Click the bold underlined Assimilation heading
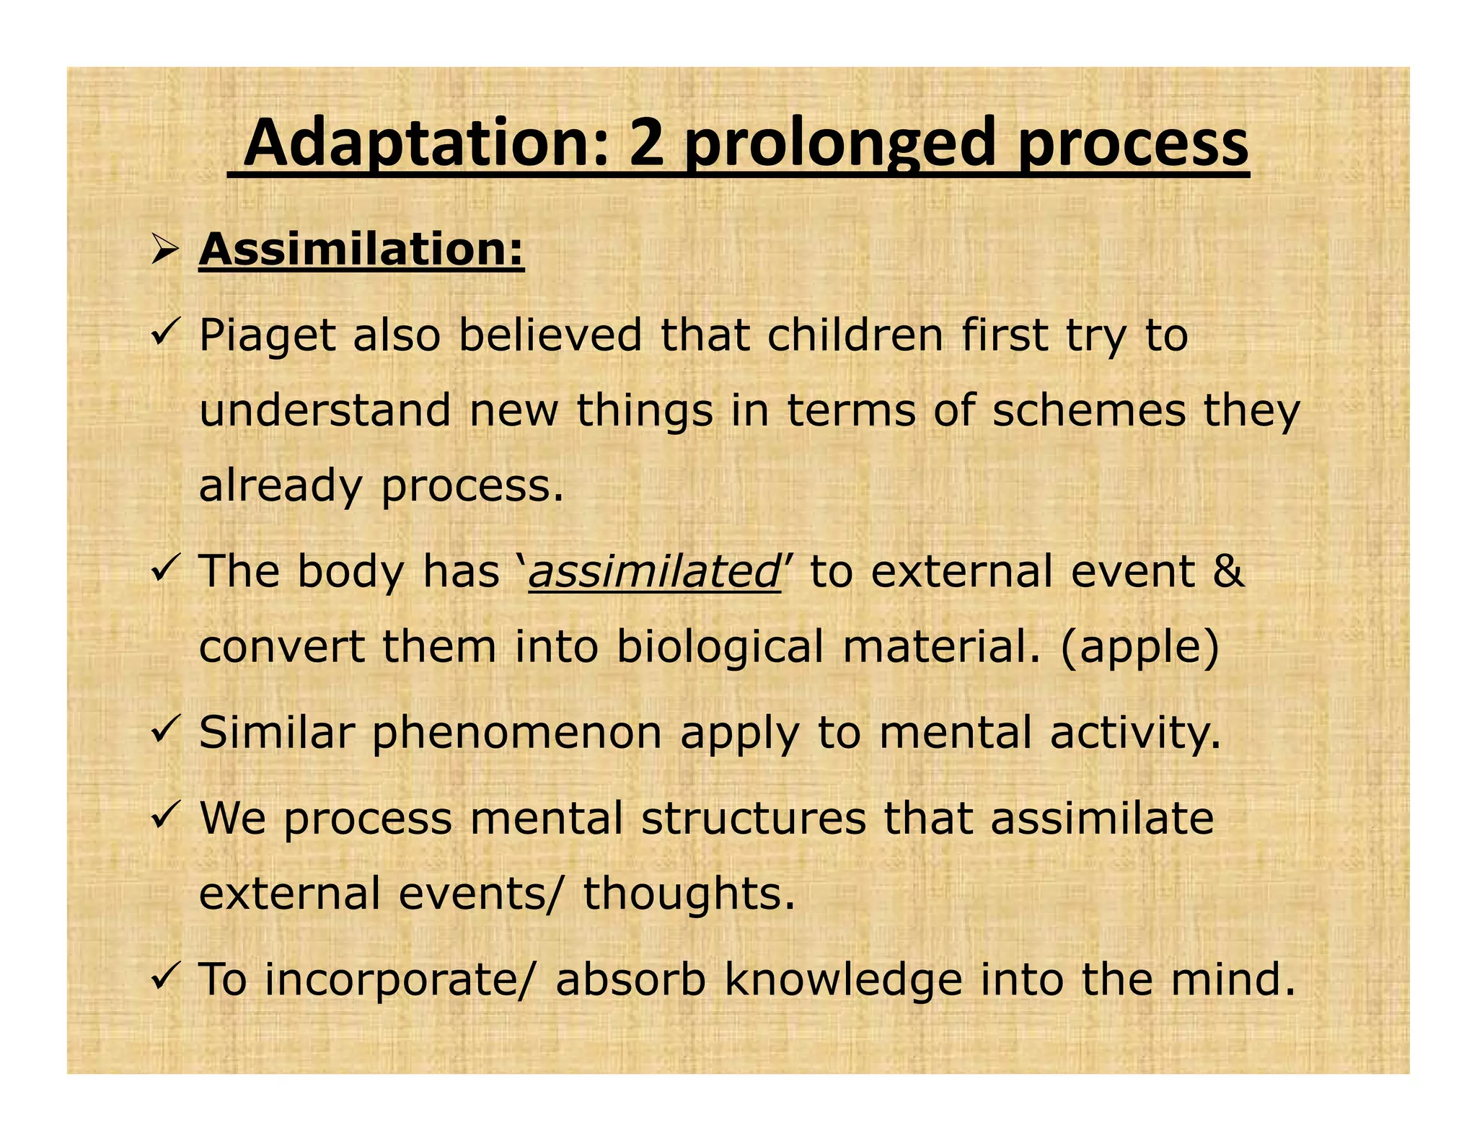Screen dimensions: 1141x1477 pyautogui.click(x=361, y=250)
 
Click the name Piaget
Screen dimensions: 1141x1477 pyautogui.click(x=267, y=338)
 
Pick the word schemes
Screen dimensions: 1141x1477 pyautogui.click(x=1088, y=411)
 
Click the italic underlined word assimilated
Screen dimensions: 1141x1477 pyautogui.click(x=653, y=572)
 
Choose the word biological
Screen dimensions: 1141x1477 pyautogui.click(x=719, y=647)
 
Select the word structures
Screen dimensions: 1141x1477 pyautogui.click(x=754, y=819)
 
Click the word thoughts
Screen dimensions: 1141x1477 pyautogui.click(x=682, y=894)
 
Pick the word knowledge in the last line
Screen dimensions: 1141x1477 pyautogui.click(x=843, y=980)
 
